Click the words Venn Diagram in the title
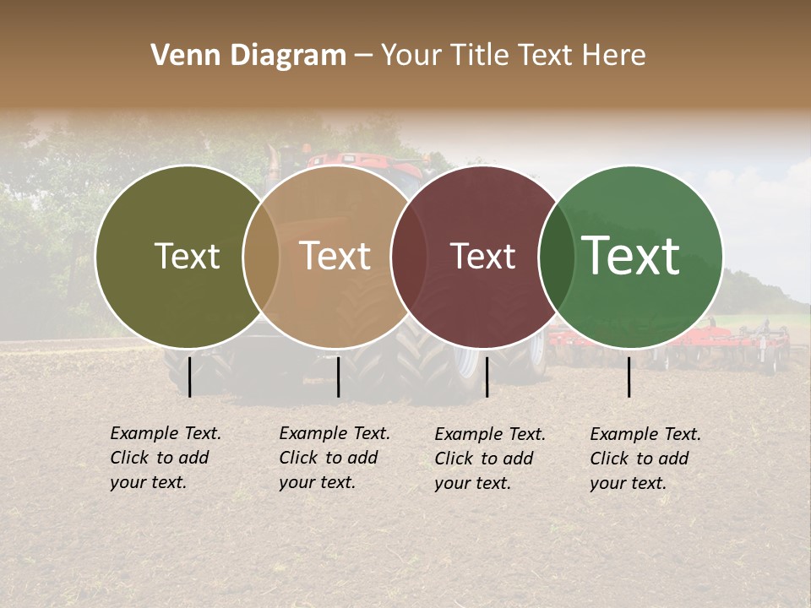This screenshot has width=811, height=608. pyautogui.click(x=248, y=56)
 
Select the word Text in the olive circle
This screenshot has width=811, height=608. pyautogui.click(x=187, y=256)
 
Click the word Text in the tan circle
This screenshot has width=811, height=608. pyautogui.click(x=335, y=256)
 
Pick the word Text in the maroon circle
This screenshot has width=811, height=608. pyautogui.click(x=482, y=256)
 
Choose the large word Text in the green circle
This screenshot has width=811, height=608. pyautogui.click(x=631, y=256)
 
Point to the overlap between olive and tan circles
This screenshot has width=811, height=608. pyautogui.click(x=261, y=256)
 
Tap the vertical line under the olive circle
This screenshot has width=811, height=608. pyautogui.click(x=189, y=377)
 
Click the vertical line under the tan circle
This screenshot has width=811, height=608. pyautogui.click(x=338, y=377)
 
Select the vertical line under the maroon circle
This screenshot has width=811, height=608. pyautogui.click(x=487, y=377)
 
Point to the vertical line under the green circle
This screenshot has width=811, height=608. pyautogui.click(x=629, y=377)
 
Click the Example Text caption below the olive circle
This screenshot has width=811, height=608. pyautogui.click(x=165, y=458)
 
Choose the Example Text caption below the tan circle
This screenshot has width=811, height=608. pyautogui.click(x=334, y=458)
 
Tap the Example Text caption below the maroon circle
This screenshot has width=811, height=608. pyautogui.click(x=489, y=458)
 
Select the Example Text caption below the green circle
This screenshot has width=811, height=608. pyautogui.click(x=645, y=458)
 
